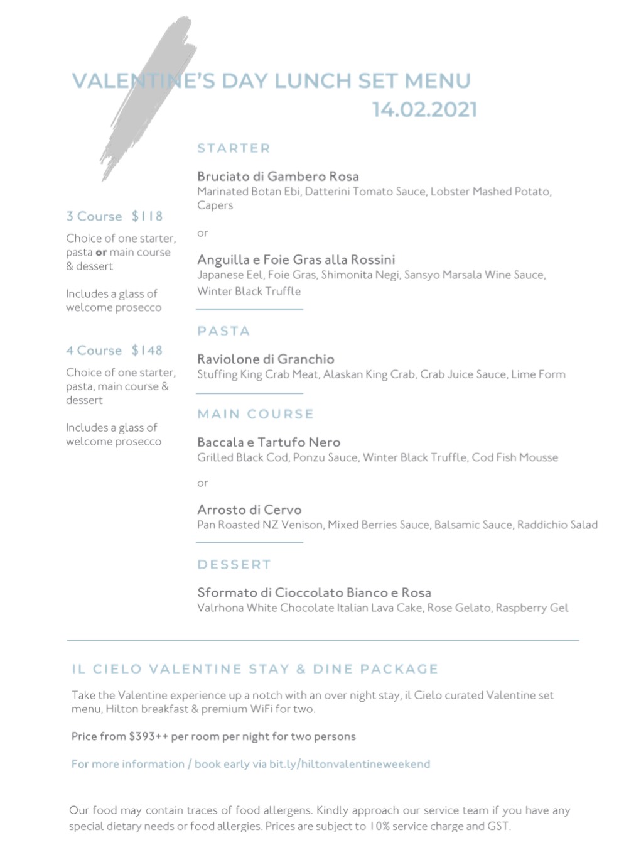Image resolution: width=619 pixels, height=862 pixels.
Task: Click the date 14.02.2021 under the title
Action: pos(424,109)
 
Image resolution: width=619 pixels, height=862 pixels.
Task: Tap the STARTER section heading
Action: pos(234,148)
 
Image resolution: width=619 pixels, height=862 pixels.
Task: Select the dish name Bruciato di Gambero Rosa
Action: pos(277,177)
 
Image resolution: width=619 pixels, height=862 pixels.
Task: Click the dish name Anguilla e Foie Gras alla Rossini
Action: pos(296,259)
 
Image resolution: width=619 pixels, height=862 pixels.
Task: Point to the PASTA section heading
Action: pos(223,331)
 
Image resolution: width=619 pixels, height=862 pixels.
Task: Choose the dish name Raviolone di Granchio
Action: pos(266,359)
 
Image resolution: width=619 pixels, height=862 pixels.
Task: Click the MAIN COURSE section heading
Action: pos(256,414)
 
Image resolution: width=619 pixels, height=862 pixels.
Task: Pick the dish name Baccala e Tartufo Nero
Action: pos(269,442)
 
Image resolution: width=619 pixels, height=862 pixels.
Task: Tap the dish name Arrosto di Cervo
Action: pos(249,510)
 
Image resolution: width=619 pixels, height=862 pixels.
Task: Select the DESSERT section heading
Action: pos(234,564)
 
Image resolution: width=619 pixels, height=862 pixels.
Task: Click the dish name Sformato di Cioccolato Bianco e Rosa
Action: pos(314,592)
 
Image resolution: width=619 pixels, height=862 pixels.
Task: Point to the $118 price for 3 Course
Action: pos(147,216)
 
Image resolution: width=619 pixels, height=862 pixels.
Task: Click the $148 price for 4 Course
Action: pos(147,351)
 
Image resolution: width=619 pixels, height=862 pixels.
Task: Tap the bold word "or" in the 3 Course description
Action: pos(101,253)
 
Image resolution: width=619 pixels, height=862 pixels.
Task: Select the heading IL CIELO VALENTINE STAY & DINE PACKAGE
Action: pos(255,669)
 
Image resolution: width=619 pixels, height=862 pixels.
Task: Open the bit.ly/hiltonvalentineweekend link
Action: pos(350,764)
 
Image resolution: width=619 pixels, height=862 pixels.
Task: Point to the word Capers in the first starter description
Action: pos(215,205)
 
